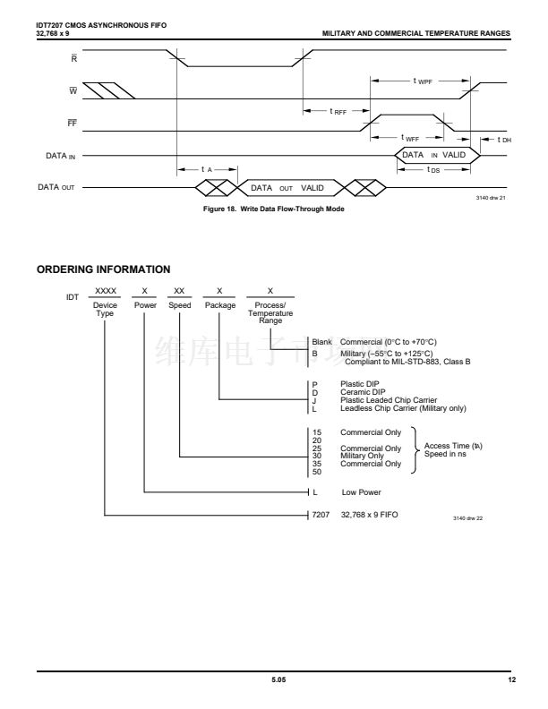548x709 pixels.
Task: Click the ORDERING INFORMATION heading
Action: click(x=104, y=269)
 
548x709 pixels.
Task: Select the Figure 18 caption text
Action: click(x=273, y=209)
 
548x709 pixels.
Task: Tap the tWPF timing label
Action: click(x=422, y=81)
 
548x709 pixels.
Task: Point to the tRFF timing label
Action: click(x=338, y=112)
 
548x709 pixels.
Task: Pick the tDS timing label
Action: click(x=433, y=169)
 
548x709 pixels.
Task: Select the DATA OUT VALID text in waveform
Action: click(x=287, y=188)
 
